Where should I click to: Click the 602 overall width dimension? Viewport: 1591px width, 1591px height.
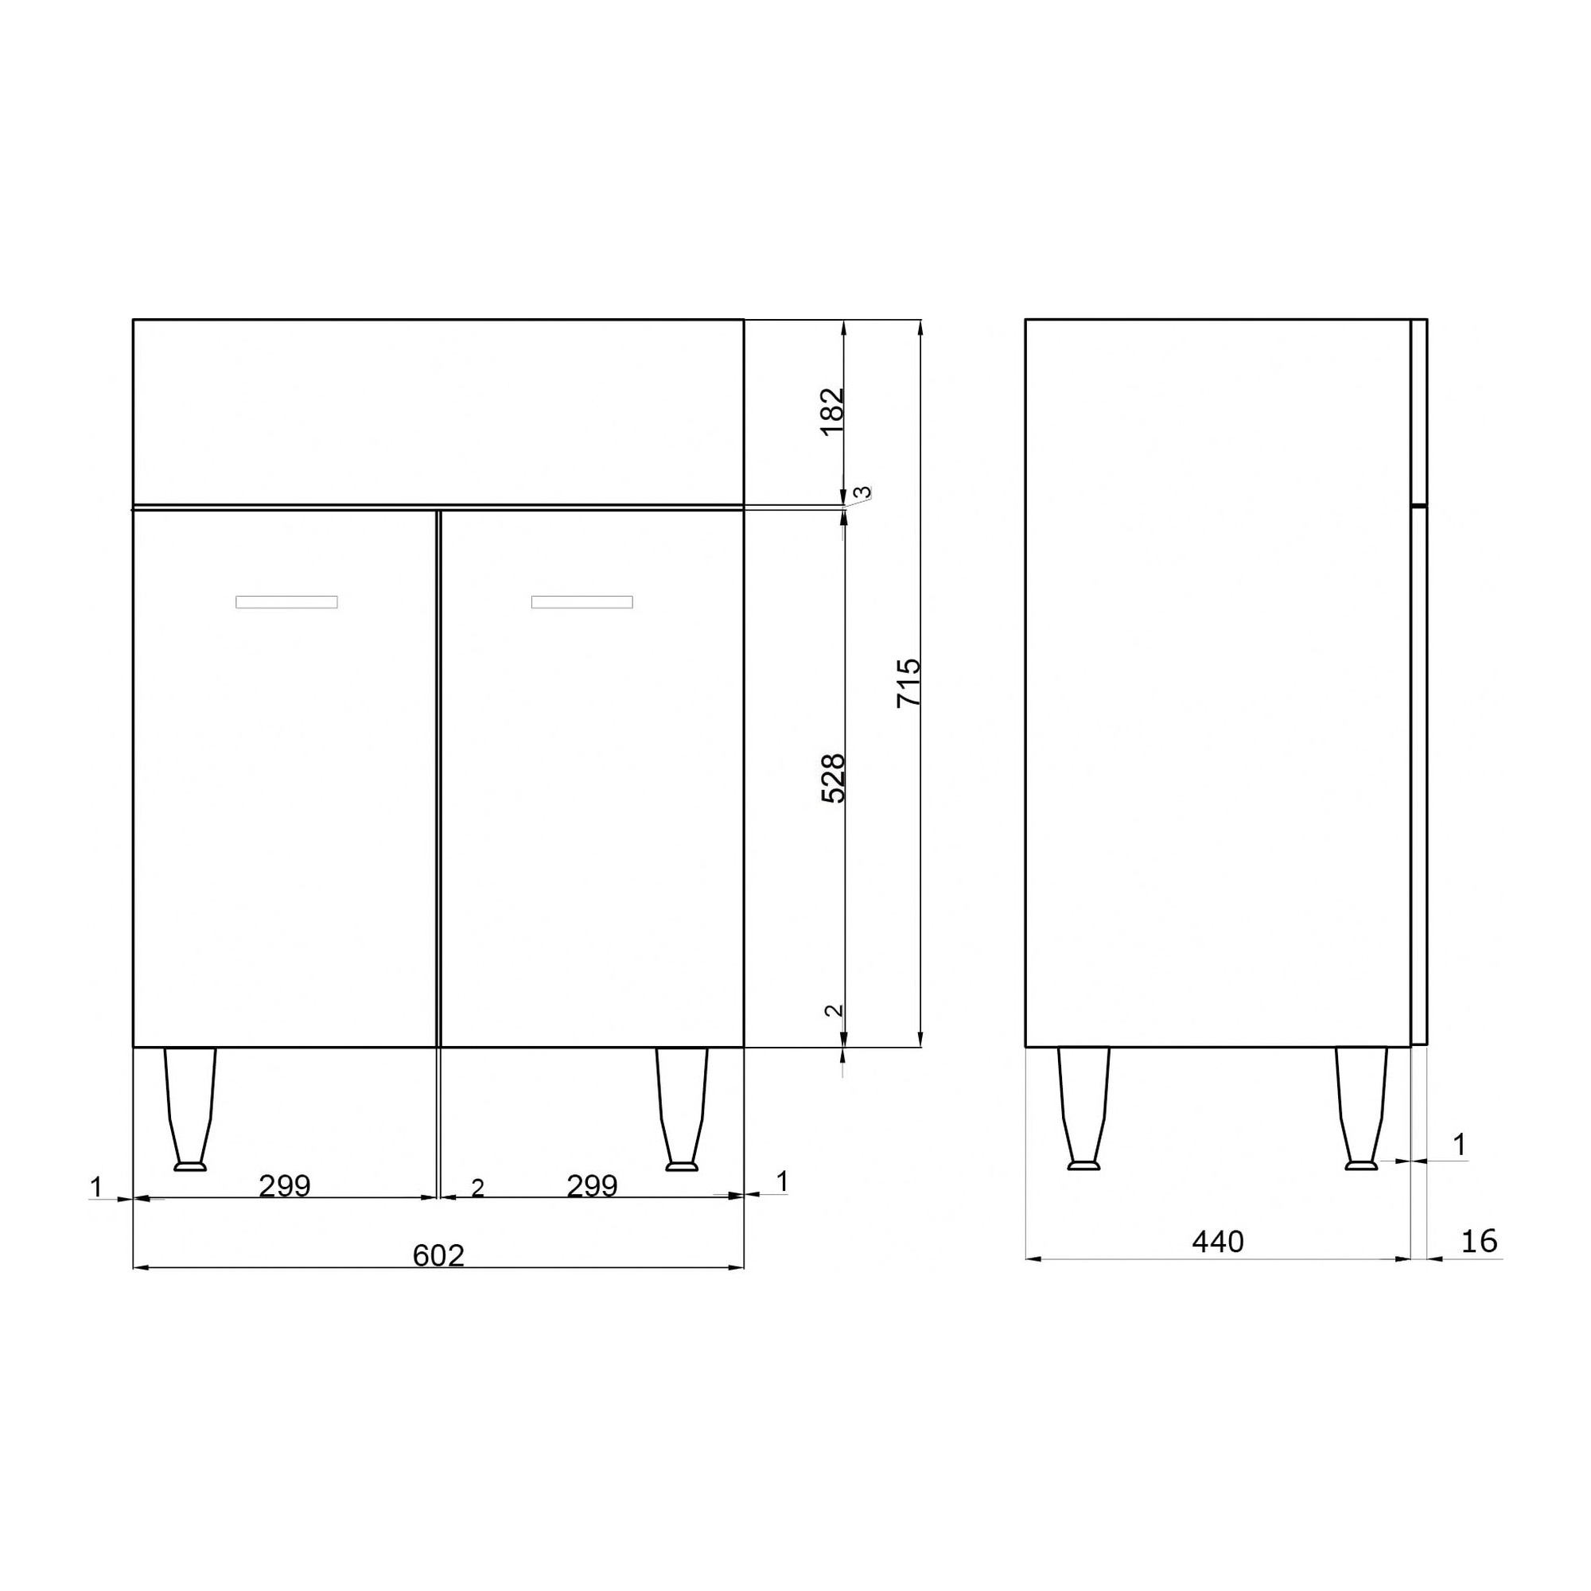click(x=438, y=1256)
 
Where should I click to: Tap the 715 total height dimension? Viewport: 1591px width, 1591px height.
click(x=909, y=683)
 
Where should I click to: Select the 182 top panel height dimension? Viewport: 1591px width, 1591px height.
click(x=834, y=411)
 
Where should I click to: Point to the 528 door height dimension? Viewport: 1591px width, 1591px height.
click(x=834, y=778)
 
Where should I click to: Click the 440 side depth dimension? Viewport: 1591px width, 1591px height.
click(x=1218, y=1242)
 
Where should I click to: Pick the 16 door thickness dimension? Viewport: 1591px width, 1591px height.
click(x=1480, y=1242)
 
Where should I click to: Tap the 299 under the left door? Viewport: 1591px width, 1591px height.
click(x=285, y=1186)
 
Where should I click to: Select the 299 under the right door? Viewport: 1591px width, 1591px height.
click(x=592, y=1186)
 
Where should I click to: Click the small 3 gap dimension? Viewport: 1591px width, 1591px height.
click(x=862, y=493)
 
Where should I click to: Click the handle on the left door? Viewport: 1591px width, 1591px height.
click(x=286, y=602)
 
